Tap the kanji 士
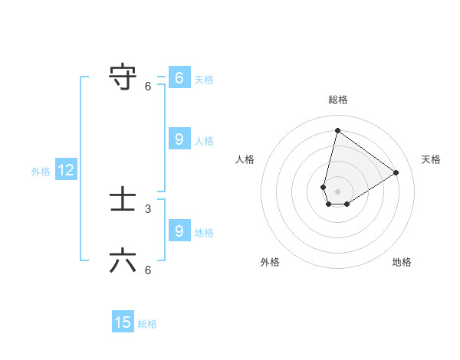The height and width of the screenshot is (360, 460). [123, 200]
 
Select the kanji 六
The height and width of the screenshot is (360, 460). [123, 261]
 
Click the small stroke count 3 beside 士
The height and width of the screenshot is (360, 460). [148, 208]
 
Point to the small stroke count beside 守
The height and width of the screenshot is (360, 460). [148, 86]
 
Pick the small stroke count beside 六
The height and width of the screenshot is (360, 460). [148, 270]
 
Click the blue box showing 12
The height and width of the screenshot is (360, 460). [66, 171]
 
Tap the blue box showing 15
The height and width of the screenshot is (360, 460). [123, 322]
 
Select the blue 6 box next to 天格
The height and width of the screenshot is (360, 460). [179, 78]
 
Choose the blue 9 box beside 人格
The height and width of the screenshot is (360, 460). [179, 139]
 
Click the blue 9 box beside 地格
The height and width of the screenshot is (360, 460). [179, 231]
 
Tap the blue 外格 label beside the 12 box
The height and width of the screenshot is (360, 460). [41, 172]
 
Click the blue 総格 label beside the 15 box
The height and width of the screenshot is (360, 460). [147, 324]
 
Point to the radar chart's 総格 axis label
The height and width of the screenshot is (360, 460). [337, 100]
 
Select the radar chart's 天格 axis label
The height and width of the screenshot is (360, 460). [431, 159]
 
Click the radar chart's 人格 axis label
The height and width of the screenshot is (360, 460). [245, 159]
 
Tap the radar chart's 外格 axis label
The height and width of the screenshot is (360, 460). [270, 262]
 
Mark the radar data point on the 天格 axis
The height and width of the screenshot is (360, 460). [396, 172]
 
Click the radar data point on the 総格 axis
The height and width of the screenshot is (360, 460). [337, 130]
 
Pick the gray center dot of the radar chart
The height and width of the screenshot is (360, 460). [337, 191]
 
